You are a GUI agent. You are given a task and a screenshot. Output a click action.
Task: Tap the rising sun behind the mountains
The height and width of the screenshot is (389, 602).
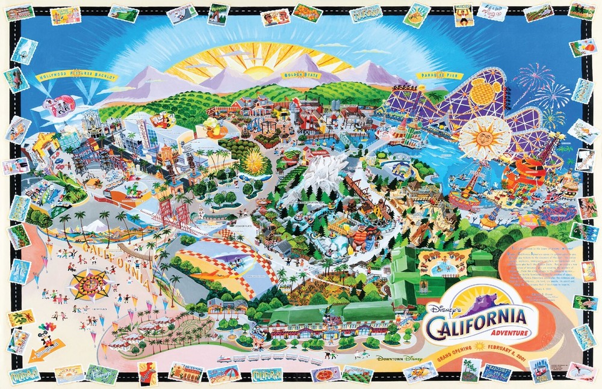[259, 67]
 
